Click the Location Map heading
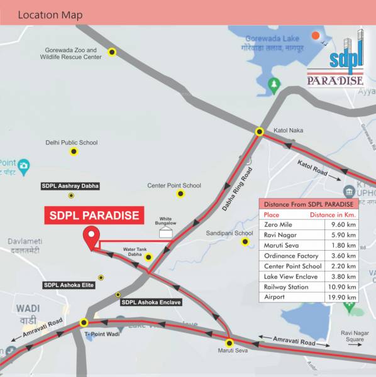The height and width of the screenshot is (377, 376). pos(50,14)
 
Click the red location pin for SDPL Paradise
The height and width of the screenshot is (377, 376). pos(92,238)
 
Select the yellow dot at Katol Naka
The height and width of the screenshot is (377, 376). pos(260,131)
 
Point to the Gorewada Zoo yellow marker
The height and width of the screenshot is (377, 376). pos(112,52)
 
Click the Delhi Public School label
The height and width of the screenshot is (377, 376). pos(72,143)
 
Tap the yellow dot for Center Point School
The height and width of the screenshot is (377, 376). pos(180,194)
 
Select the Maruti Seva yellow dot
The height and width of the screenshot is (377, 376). pos(229,343)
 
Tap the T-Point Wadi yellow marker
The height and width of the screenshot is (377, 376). pos(84,323)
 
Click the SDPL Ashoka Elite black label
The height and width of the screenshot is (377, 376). pos(69,285)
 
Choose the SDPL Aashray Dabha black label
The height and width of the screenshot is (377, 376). pos(70,186)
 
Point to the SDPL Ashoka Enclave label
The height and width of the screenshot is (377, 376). pos(151,302)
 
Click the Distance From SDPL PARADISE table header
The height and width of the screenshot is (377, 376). pos(309,204)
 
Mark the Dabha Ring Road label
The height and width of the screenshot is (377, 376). pos(236,188)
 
